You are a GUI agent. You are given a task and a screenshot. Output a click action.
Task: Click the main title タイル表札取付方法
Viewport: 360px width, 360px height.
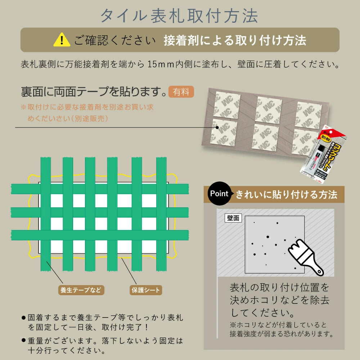tap(179, 15)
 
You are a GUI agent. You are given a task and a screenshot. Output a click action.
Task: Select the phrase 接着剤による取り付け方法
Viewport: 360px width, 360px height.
tap(235, 40)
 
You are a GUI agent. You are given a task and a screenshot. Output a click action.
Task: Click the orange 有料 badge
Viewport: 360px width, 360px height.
tap(181, 92)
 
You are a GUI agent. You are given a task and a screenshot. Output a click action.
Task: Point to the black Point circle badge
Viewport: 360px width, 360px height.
tap(219, 194)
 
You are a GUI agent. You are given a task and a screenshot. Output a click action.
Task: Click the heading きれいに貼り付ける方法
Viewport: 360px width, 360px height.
tap(286, 195)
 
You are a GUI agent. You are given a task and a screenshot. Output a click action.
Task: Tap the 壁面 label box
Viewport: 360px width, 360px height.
tap(233, 218)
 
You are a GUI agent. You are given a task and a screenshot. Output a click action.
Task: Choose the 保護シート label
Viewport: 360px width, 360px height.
tap(145, 289)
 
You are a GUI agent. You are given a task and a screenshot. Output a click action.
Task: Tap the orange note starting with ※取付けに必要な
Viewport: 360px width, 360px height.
tap(87, 113)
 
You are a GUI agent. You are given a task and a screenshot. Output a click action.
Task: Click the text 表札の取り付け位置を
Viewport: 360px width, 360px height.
tap(279, 288)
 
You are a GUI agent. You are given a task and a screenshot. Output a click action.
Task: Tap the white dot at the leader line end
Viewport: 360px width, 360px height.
tap(217, 127)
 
